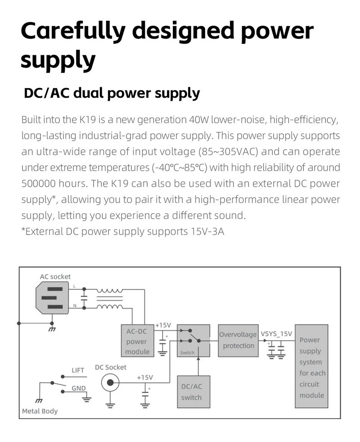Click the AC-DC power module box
point(137,341)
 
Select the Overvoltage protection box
point(238,340)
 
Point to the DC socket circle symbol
point(110,383)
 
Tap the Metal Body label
point(40,411)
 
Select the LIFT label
point(78,370)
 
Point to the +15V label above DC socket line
point(145,377)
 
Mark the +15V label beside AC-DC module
point(163,325)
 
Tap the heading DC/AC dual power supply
point(112,93)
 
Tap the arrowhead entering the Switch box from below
point(198,359)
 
